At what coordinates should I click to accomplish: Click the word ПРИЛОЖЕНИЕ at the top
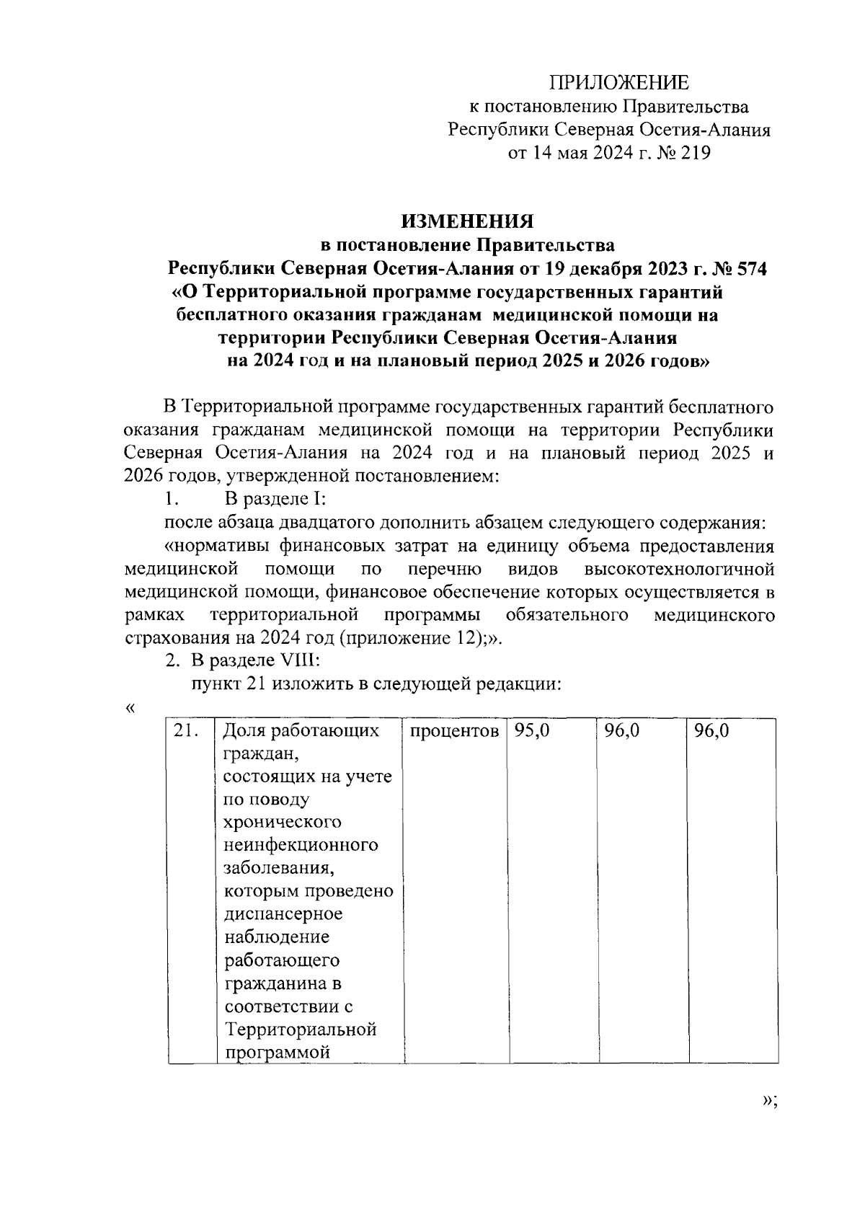pyautogui.click(x=619, y=82)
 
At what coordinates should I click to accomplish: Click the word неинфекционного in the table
pyautogui.click(x=301, y=844)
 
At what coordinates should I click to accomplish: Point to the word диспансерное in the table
pyautogui.click(x=283, y=913)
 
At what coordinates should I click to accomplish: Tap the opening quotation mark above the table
pyautogui.click(x=130, y=708)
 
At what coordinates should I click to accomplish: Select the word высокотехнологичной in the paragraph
pyautogui.click(x=679, y=569)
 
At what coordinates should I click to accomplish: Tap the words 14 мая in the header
pyautogui.click(x=550, y=153)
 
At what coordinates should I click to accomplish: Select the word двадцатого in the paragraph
pyautogui.click(x=304, y=523)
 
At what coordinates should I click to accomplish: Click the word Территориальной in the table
pyautogui.click(x=301, y=1029)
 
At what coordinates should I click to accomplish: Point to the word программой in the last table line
pyautogui.click(x=277, y=1052)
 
